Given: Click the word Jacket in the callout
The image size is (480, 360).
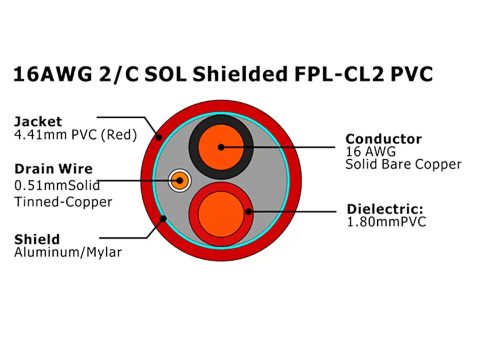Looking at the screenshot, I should (38, 121).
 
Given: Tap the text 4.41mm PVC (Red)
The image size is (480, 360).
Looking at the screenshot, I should (75, 135).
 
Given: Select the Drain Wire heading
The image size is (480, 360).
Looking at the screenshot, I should (53, 169).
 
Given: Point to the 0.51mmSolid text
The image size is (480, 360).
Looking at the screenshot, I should (57, 185).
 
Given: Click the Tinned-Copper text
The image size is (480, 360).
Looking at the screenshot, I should (63, 202).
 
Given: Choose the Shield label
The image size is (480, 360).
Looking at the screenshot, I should (37, 239).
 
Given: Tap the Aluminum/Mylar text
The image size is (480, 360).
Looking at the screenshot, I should (67, 252).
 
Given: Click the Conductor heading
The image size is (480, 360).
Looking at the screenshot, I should (383, 138).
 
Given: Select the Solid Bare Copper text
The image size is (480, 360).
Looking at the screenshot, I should (403, 165).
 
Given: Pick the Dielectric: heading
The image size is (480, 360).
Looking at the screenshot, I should (385, 209).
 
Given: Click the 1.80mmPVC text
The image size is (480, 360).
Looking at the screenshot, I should (386, 222).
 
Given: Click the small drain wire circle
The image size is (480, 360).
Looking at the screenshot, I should (179, 181).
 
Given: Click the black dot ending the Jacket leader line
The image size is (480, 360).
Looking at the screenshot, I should (159, 137).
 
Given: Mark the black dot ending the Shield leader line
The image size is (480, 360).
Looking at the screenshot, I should (163, 217).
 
